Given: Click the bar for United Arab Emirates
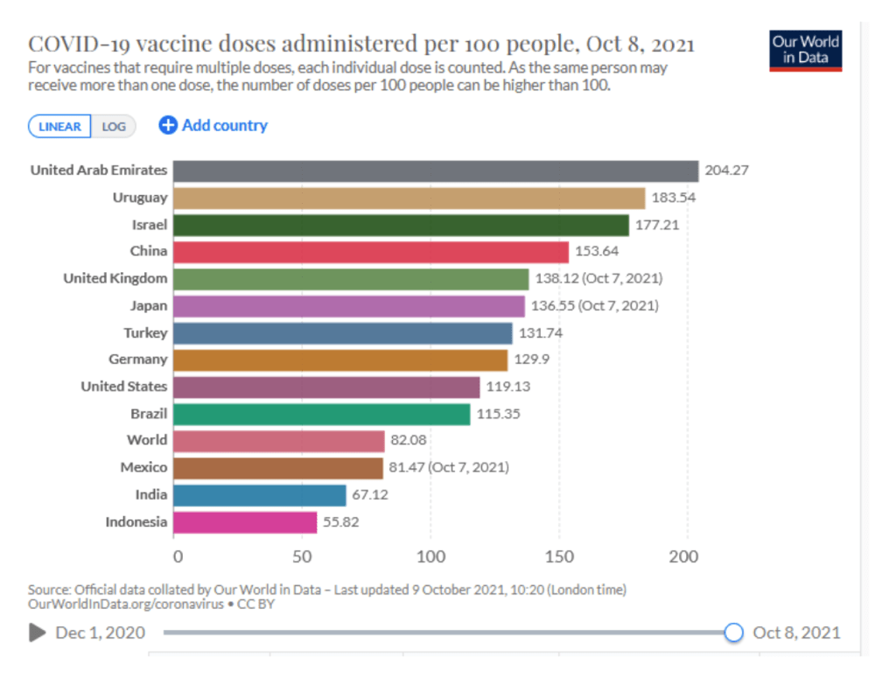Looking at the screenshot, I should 435,171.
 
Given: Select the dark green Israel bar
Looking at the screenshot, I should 401,225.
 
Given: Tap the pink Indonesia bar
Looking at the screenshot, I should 245,522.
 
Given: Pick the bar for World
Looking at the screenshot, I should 278,441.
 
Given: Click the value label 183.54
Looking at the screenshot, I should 674,198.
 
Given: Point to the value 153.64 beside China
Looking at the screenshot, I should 598,252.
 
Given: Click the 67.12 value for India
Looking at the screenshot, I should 370,495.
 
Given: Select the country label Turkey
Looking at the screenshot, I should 144,332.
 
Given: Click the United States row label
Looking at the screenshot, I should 123,386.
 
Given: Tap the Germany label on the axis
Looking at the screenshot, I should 137,359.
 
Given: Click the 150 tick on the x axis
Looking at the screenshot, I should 559,556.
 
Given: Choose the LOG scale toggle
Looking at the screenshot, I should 114,127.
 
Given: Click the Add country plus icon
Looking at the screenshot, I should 168,126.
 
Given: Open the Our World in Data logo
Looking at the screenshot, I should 806,51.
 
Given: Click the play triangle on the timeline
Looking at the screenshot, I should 37,633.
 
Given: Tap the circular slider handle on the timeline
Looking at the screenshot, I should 734,633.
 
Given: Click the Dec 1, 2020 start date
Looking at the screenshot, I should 101,633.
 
